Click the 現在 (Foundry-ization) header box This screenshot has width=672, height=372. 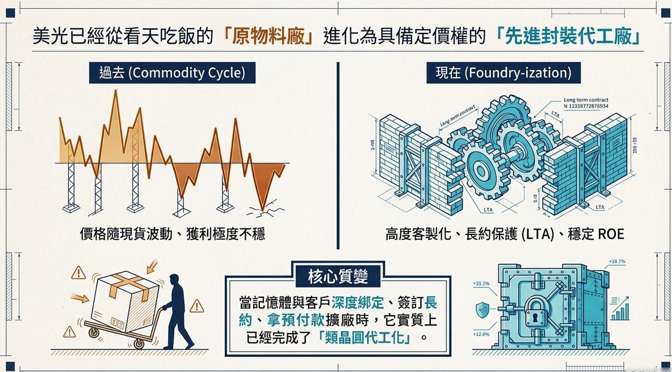pyautogui.click(x=504, y=73)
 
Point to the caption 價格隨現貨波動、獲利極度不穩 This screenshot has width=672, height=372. pyautogui.click(x=172, y=234)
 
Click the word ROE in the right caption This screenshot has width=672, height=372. pyautogui.click(x=611, y=234)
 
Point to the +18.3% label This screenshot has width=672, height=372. pyautogui.click(x=617, y=262)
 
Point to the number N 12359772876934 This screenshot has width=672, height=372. pyautogui.click(x=586, y=106)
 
